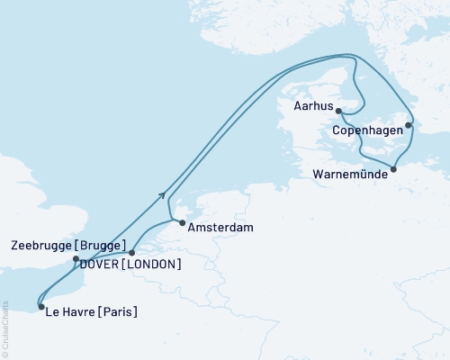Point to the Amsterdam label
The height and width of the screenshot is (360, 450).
[x=220, y=229]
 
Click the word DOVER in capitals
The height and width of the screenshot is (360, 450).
[x=99, y=264]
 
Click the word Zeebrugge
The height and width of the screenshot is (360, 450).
[x=45, y=245]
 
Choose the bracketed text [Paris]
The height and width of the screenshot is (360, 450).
[x=119, y=313]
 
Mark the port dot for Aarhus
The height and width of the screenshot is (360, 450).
[x=338, y=111]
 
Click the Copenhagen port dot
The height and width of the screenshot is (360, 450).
[x=409, y=126]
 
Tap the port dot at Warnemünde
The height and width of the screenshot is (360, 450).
[x=393, y=168]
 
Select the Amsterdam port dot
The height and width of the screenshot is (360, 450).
[x=181, y=222]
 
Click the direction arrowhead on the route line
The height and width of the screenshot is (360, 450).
[x=162, y=193]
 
